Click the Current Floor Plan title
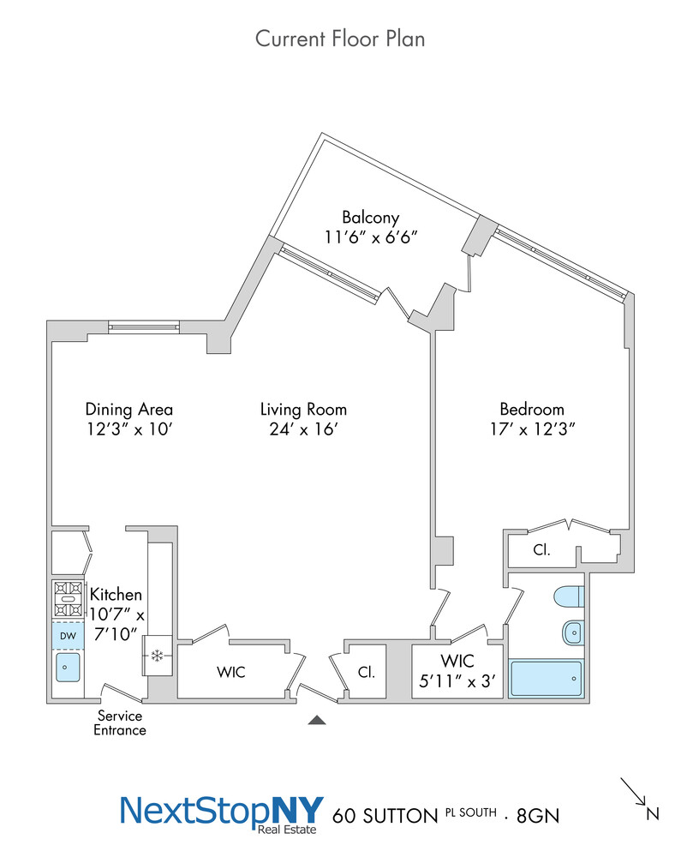click(x=340, y=39)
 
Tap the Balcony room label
click(x=370, y=217)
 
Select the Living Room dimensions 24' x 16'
click(x=303, y=428)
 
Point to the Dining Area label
click(x=128, y=409)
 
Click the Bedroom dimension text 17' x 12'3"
click(x=532, y=428)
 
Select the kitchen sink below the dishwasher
click(x=67, y=667)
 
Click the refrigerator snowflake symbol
click(x=157, y=656)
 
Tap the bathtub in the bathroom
click(x=546, y=678)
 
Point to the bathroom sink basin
click(x=572, y=633)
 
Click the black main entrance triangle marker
click(x=317, y=721)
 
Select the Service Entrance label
click(x=120, y=722)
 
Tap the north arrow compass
click(x=636, y=794)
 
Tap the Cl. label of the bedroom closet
click(x=541, y=550)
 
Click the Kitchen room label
click(x=116, y=594)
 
